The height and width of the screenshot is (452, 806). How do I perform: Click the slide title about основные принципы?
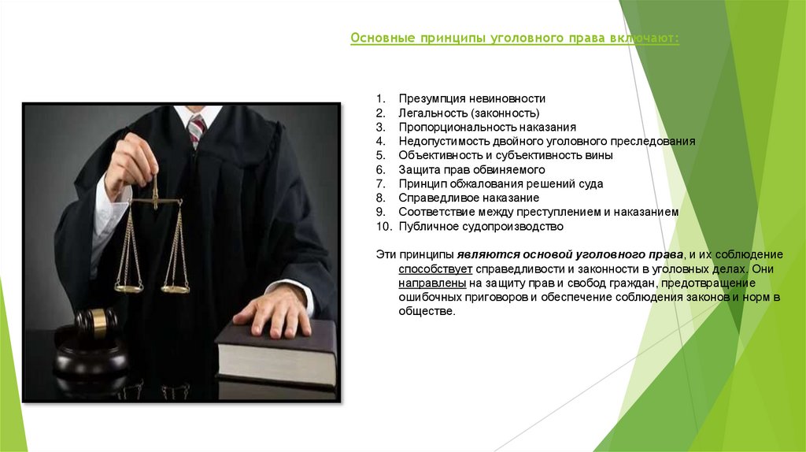pos(515,39)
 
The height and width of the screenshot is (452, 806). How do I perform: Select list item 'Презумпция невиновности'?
pos(471,98)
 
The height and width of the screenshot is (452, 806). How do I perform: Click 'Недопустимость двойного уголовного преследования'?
pos(546,141)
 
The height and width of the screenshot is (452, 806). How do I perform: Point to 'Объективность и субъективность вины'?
pos(505,155)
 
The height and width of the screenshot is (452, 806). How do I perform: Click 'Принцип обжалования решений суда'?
pos(501,183)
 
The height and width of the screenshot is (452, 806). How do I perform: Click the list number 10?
pos(383,226)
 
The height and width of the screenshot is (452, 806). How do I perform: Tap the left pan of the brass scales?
pos(129,287)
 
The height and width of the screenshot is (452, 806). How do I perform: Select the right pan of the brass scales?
pos(175,288)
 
